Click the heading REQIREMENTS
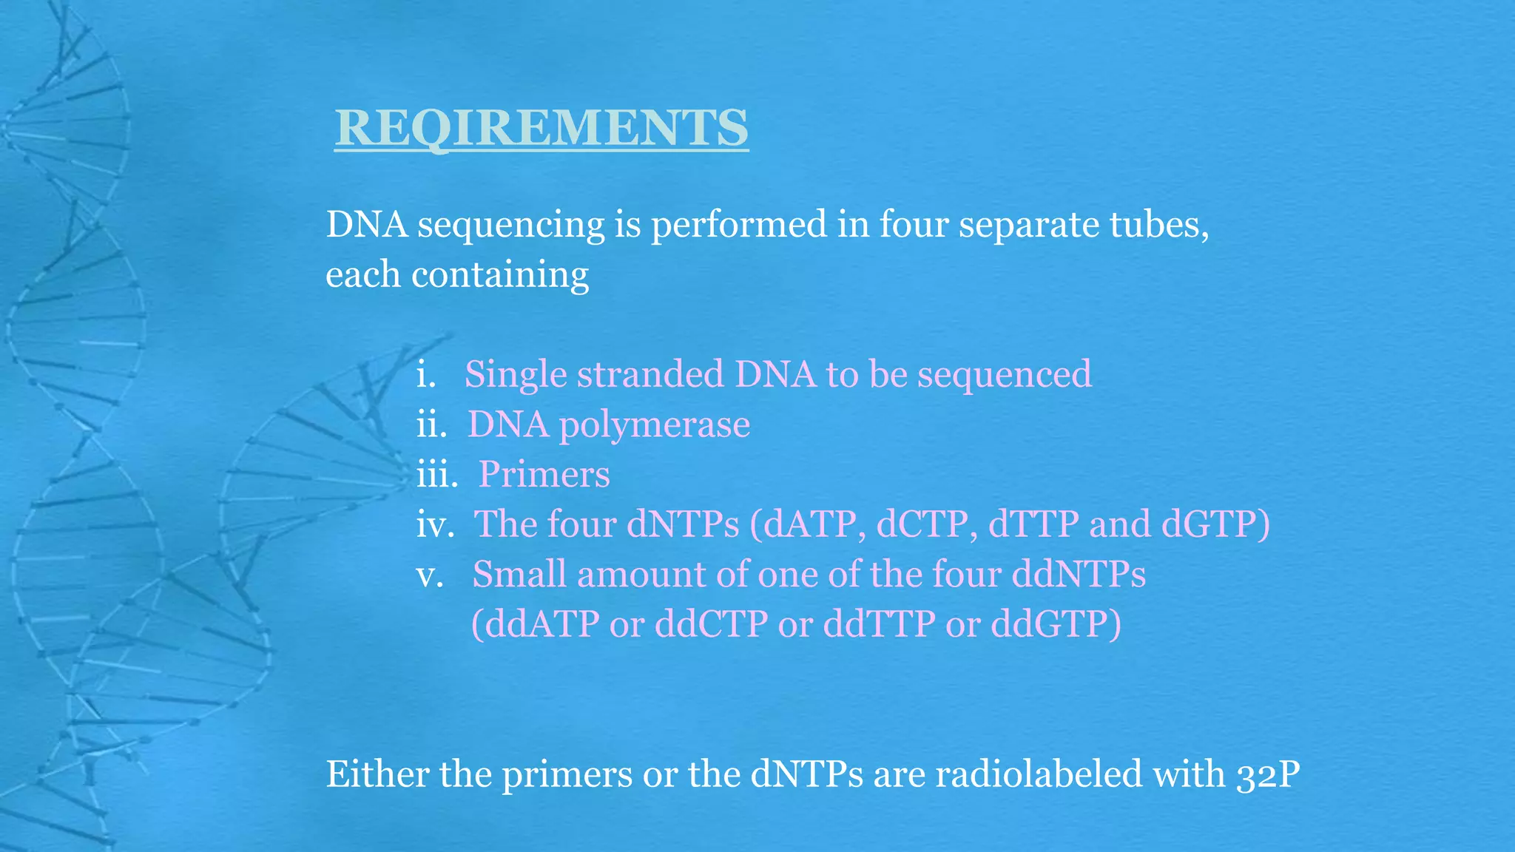point(541,128)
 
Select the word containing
point(500,275)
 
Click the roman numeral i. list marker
point(425,375)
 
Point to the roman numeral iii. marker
point(437,475)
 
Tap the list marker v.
point(430,575)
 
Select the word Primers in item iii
point(544,475)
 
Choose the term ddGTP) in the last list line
point(1056,624)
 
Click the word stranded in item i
point(650,375)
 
